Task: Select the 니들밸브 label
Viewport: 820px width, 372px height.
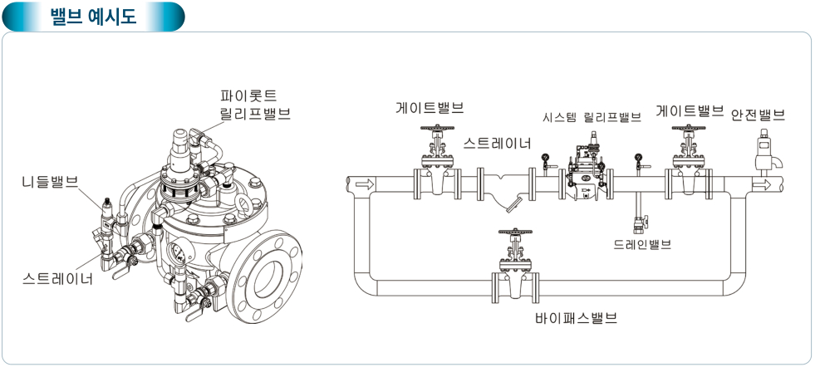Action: [49, 181]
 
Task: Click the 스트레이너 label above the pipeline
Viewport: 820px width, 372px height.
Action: [497, 143]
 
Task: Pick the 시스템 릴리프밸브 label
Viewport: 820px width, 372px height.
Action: [592, 117]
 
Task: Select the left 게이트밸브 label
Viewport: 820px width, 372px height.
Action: [430, 108]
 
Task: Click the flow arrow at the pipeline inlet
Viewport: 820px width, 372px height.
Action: [362, 184]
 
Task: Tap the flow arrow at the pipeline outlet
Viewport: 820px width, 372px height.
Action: [762, 184]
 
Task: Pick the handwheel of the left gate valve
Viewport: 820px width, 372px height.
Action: [436, 129]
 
